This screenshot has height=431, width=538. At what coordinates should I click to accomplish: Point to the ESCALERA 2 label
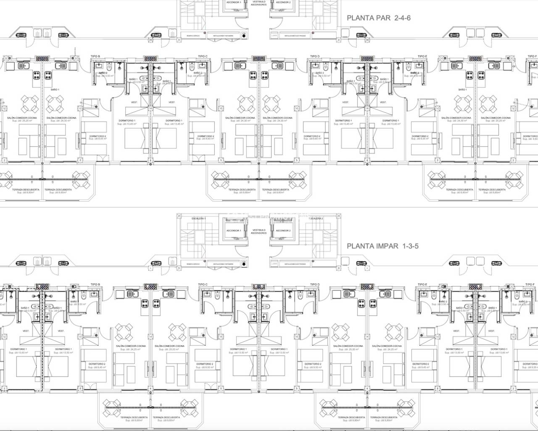pyautogui.click(x=316, y=218)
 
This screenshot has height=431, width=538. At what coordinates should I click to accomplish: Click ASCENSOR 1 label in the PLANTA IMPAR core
pyautogui.click(x=234, y=231)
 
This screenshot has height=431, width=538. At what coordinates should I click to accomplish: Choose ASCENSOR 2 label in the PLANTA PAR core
pyautogui.click(x=283, y=2)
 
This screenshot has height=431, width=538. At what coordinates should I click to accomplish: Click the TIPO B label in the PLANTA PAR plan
pyautogui.click(x=95, y=56)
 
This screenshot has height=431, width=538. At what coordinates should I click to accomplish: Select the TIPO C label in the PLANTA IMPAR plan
pyautogui.click(x=203, y=285)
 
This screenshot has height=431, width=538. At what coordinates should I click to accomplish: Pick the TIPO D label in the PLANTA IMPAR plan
pyautogui.click(x=315, y=285)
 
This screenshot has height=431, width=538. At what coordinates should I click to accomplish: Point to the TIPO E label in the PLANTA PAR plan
pyautogui.click(x=422, y=56)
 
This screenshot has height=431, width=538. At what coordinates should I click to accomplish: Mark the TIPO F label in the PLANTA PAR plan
pyautogui.click(x=532, y=56)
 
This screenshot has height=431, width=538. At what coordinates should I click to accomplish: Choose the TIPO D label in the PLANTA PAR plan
pyautogui.click(x=315, y=56)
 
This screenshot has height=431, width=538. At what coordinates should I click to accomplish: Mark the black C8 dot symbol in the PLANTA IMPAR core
pyautogui.click(x=244, y=264)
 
